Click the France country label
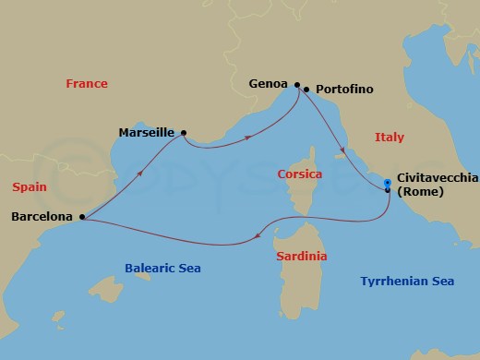pyautogui.click(x=87, y=84)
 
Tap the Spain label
pyautogui.click(x=30, y=186)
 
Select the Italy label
pyautogui.click(x=389, y=137)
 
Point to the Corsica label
pyautogui.click(x=300, y=174)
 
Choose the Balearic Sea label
pyautogui.click(x=162, y=268)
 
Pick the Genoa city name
pyautogui.click(x=269, y=83)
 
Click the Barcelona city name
pyautogui.click(x=42, y=218)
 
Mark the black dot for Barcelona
pyautogui.click(x=83, y=218)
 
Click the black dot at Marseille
pyautogui.click(x=184, y=133)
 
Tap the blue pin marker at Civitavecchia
pyautogui.click(x=388, y=183)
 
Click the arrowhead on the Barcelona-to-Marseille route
pyautogui.click(x=140, y=173)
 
